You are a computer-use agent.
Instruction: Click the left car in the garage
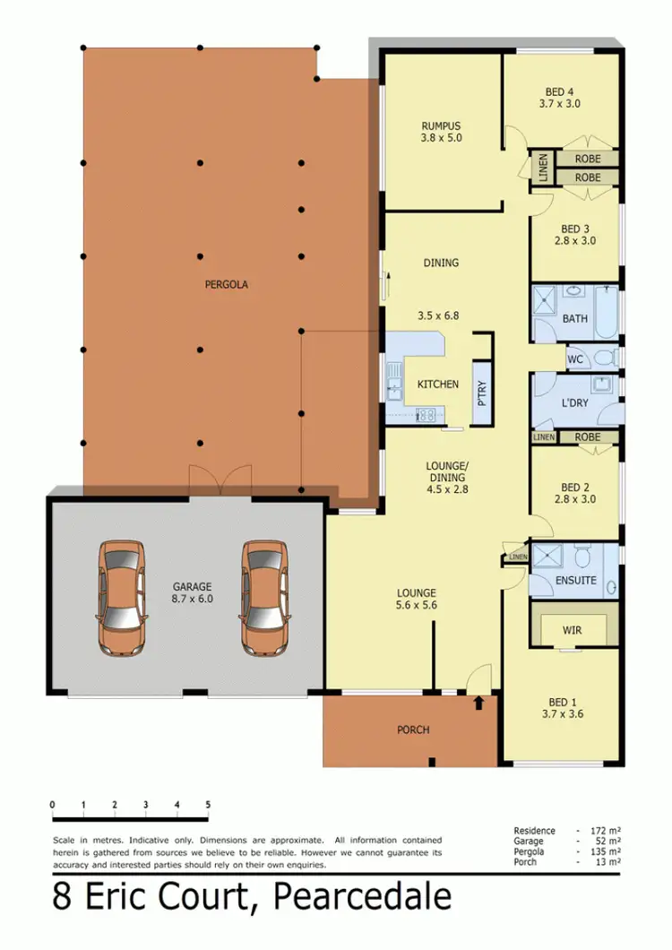click(122, 598)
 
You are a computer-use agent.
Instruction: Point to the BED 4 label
click(560, 91)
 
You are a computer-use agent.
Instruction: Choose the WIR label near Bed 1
click(573, 630)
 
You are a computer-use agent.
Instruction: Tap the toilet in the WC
click(605, 358)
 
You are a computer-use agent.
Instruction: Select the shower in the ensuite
click(546, 557)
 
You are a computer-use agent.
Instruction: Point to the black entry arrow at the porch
click(478, 704)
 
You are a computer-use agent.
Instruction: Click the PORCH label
click(414, 730)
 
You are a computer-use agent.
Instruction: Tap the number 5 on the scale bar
click(208, 803)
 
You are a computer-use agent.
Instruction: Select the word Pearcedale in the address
click(362, 899)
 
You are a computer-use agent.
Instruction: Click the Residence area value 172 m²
click(610, 831)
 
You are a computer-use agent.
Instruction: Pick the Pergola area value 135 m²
click(610, 852)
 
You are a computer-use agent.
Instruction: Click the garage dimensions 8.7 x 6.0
click(193, 598)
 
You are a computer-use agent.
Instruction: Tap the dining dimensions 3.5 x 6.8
click(439, 315)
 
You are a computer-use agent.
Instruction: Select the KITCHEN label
click(438, 384)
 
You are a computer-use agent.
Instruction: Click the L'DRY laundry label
click(574, 402)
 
